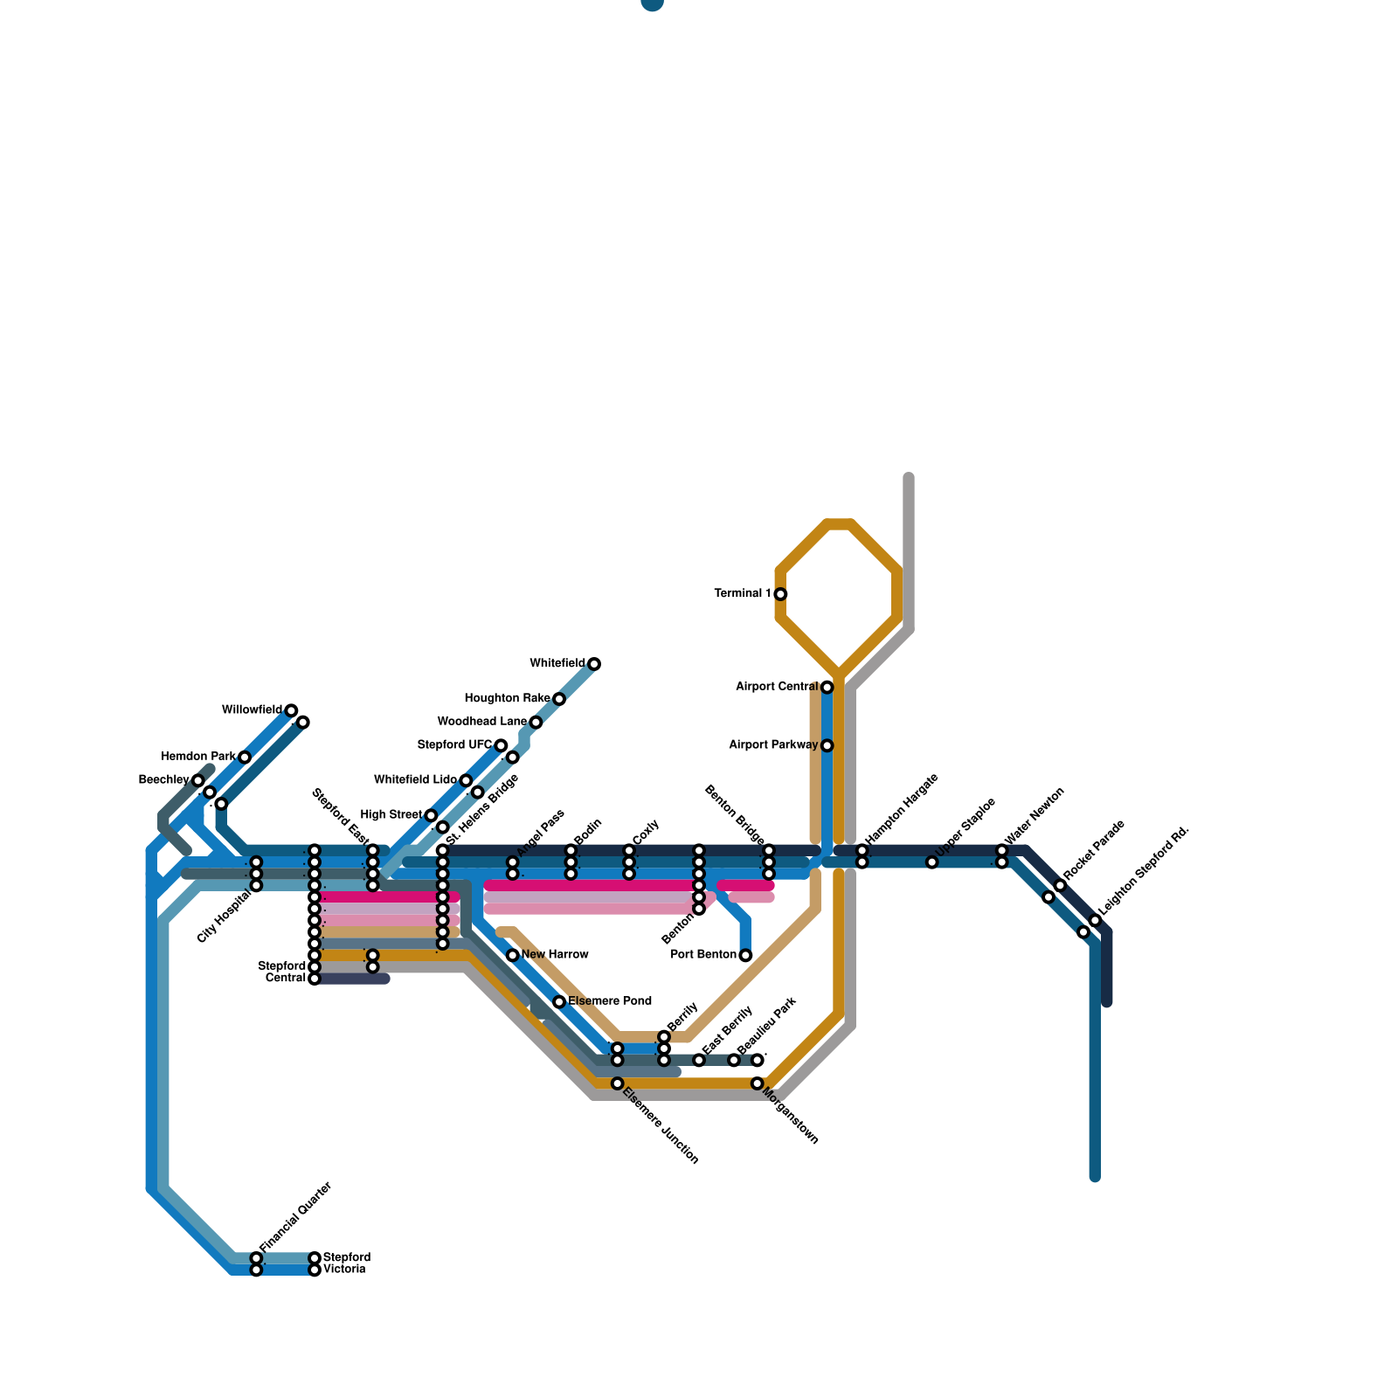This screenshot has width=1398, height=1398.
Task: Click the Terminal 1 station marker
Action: (x=780, y=594)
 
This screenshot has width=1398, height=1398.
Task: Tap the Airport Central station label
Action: (x=777, y=687)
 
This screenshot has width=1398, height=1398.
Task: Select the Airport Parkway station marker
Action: (x=827, y=745)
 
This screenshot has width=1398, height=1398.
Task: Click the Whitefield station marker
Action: (x=594, y=664)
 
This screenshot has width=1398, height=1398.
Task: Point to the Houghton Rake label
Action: (x=507, y=698)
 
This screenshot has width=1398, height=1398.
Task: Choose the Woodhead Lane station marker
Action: (x=536, y=722)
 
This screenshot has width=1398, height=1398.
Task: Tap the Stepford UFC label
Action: (x=454, y=744)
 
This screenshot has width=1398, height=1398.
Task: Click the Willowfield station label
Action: (x=252, y=709)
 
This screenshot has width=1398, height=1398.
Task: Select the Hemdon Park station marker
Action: (x=245, y=757)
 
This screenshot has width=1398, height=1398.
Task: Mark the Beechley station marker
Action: (x=198, y=780)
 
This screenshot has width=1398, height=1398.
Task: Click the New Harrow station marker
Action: (x=513, y=955)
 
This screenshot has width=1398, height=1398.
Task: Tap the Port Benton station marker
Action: (x=745, y=955)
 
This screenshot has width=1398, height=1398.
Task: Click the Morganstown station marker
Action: (x=758, y=1083)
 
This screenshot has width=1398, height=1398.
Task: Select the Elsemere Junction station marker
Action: (x=617, y=1083)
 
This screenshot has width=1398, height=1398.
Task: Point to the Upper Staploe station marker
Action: (x=932, y=862)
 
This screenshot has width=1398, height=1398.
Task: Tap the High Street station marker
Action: (x=431, y=815)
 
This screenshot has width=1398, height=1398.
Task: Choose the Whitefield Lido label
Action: (x=415, y=779)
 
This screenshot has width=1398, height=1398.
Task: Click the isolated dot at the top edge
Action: (x=652, y=3)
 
